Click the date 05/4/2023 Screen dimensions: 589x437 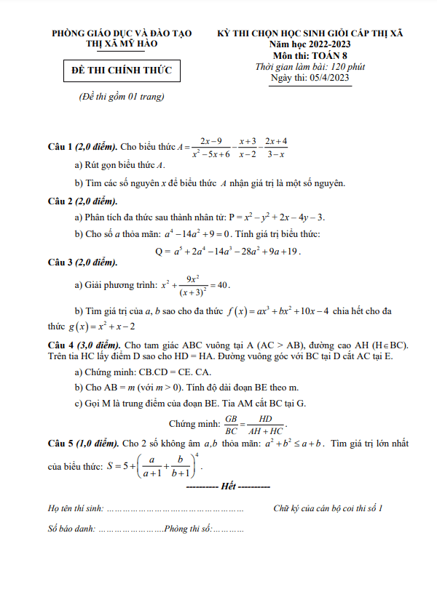coord(330,78)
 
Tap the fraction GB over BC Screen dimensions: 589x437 coord(232,423)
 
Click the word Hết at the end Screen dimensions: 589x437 coord(229,485)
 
